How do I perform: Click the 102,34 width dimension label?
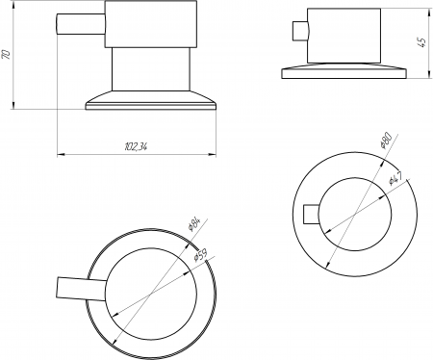[136, 146]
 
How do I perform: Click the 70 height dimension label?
[7, 54]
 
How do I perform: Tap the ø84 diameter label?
[194, 224]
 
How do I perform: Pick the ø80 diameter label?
[386, 141]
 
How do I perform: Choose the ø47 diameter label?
[395, 178]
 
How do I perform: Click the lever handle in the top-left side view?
[81, 24]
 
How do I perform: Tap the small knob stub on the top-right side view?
[300, 31]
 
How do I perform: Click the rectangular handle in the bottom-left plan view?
[82, 289]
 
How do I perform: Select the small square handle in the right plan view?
[311, 214]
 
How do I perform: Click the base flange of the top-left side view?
[151, 101]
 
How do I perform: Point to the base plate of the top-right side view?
[344, 71]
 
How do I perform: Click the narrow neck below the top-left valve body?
[151, 69]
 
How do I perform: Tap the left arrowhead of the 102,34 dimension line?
[61, 155]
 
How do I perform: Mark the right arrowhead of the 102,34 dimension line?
[213, 155]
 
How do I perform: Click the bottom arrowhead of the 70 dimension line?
[13, 105]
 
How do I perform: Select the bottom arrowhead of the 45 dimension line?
[429, 74]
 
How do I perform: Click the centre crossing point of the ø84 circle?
[151, 293]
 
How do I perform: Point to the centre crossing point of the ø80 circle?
[355, 214]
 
